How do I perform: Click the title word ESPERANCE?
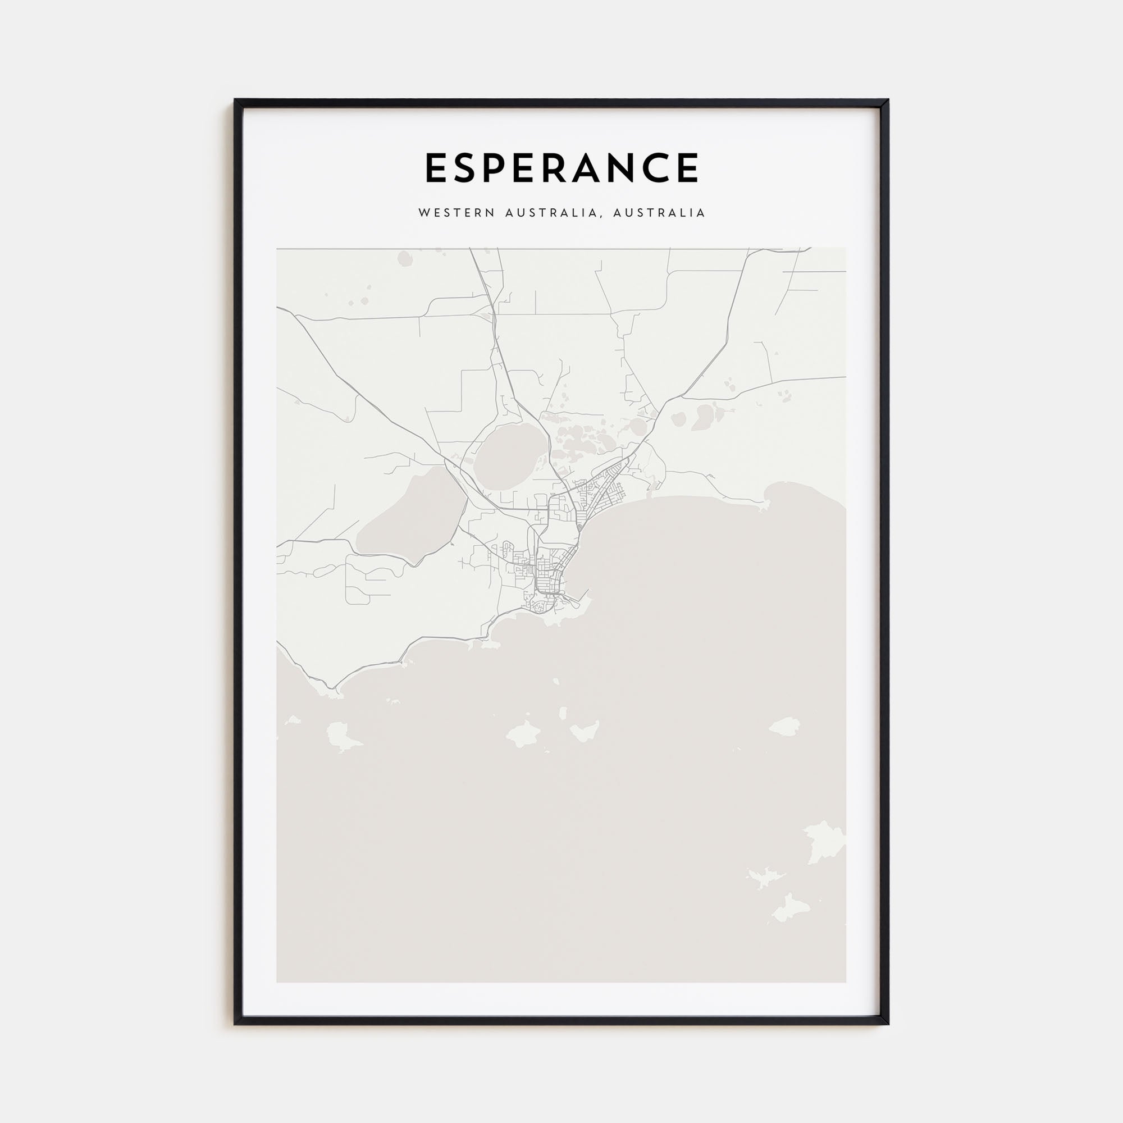click(561, 168)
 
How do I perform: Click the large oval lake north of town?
click(510, 457)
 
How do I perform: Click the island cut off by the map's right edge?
click(825, 843)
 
